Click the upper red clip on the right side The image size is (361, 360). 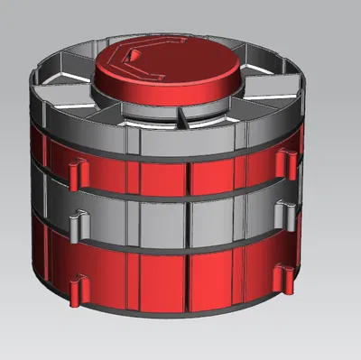pos(288,159)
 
